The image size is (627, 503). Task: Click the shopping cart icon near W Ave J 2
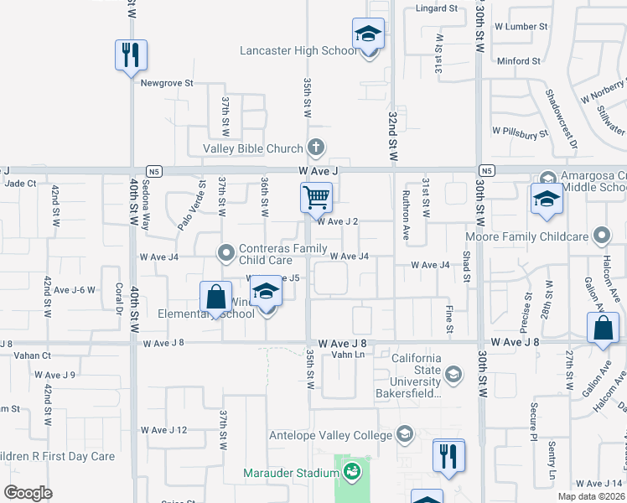pyautogui.click(x=317, y=198)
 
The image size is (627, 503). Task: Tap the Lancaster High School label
pyautogui.click(x=298, y=50)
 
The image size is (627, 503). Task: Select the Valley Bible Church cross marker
pyautogui.click(x=316, y=148)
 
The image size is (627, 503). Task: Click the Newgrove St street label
pyautogui.click(x=167, y=83)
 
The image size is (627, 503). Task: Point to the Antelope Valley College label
pyautogui.click(x=330, y=435)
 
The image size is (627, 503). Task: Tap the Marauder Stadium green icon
pyautogui.click(x=352, y=472)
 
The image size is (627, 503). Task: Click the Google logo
pyautogui.click(x=28, y=493)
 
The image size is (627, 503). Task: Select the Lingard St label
pyautogui.click(x=437, y=9)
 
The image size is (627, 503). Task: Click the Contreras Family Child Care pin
pyautogui.click(x=225, y=251)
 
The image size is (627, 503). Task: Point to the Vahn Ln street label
pyautogui.click(x=348, y=355)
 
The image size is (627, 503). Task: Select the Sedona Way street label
pyautogui.click(x=146, y=205)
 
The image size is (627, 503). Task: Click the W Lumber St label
pyautogui.click(x=520, y=27)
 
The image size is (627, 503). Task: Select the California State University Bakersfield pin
pyautogui.click(x=453, y=374)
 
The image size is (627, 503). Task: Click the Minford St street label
pyautogui.click(x=518, y=61)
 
